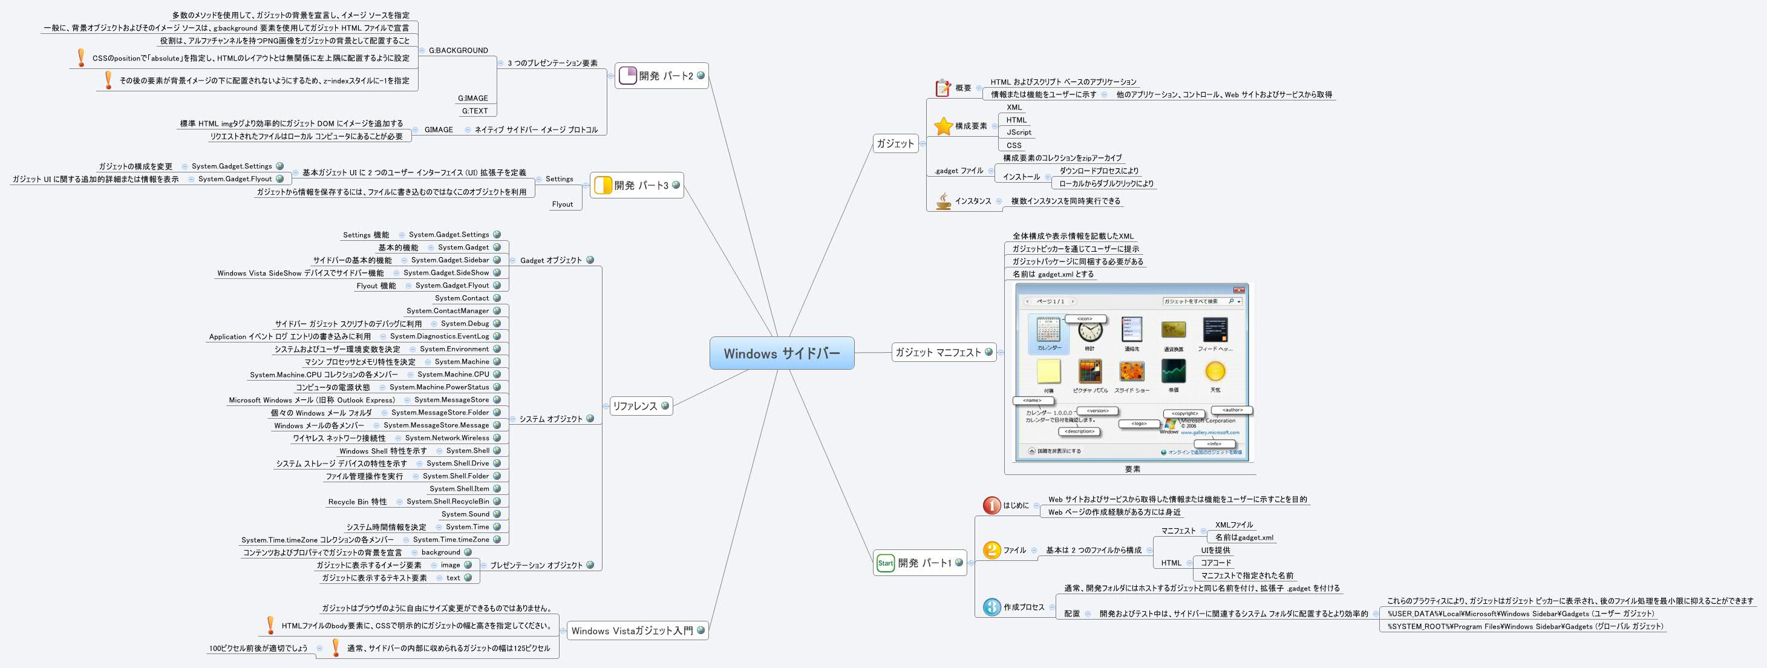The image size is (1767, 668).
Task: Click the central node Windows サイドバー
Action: [x=782, y=353]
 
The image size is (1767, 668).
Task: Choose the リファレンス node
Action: [x=635, y=406]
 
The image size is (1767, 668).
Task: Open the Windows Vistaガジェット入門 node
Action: [x=632, y=631]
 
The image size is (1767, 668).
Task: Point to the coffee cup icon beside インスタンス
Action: [x=943, y=201]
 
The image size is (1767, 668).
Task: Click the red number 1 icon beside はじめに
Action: [x=992, y=505]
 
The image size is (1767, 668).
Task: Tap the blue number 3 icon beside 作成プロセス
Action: [x=992, y=607]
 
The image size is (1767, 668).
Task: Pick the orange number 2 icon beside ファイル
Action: [x=992, y=550]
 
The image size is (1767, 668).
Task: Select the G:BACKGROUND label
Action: [x=458, y=51]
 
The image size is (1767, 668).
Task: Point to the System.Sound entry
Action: [x=465, y=514]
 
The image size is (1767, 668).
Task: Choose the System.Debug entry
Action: [x=465, y=324]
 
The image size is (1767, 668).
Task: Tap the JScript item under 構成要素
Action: [x=1019, y=133]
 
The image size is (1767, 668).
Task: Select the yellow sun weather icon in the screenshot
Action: [x=1215, y=372]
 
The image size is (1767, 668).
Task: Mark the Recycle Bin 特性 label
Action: [x=357, y=502]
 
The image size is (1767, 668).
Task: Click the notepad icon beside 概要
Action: [x=943, y=88]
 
